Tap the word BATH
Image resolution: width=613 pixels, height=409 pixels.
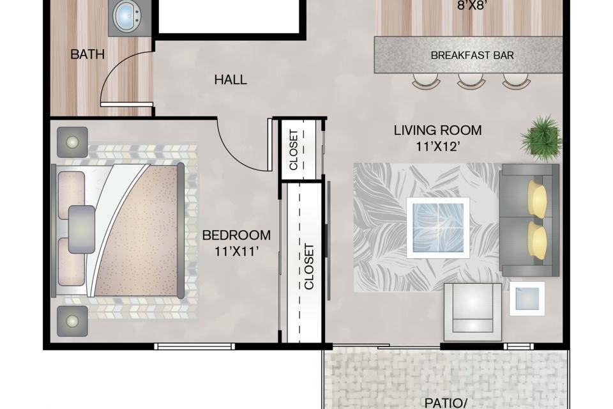coord(87,54)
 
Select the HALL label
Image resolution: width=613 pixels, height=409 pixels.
coord(231,80)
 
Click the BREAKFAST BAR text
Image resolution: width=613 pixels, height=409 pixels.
coord(473,55)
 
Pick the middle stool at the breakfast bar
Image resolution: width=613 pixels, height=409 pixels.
coord(471,81)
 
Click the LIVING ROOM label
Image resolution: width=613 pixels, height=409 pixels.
coord(437,130)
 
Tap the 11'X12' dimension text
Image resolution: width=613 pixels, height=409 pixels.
coord(437,147)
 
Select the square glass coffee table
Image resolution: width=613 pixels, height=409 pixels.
coord(438,228)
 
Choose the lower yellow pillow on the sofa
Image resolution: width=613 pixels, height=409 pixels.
coord(538,240)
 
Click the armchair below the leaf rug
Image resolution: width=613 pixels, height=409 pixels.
coord(473,312)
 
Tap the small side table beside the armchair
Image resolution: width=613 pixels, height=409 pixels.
coord(527,298)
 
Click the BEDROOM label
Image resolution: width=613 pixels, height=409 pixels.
coord(236,235)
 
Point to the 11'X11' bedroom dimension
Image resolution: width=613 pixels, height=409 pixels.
coord(236,251)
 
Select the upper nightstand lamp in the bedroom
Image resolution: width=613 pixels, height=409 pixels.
coord(72,142)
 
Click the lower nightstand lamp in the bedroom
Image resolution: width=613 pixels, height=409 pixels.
coord(72,321)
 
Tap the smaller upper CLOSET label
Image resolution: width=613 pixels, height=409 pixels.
coord(294,150)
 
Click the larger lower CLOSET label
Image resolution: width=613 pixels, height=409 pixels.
coord(309,266)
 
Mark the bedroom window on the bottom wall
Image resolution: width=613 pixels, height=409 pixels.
coord(195,346)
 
